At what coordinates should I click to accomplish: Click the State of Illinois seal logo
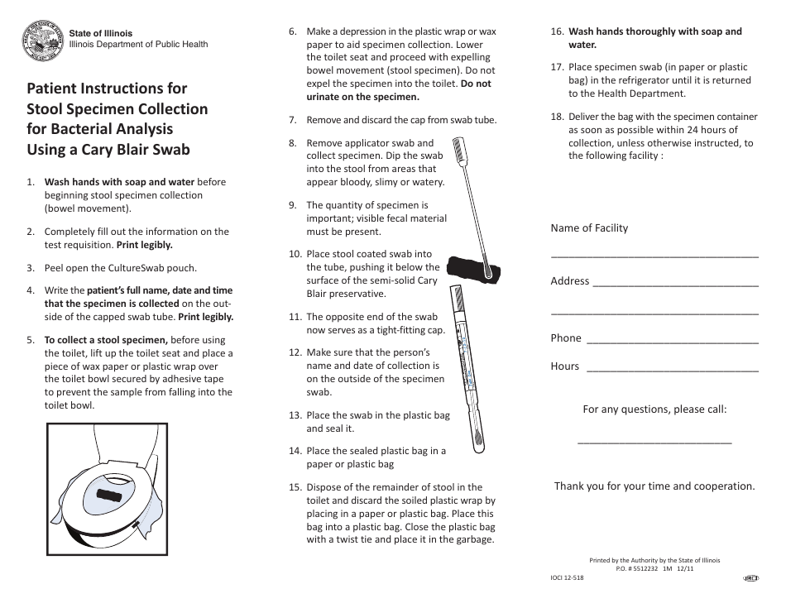(x=42, y=40)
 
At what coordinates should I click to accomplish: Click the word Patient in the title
(x=57, y=89)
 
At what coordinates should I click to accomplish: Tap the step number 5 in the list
(x=31, y=340)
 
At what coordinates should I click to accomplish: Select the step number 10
(x=295, y=254)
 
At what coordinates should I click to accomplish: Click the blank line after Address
(x=675, y=285)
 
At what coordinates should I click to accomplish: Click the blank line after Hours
(x=672, y=371)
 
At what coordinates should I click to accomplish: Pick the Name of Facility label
(x=589, y=228)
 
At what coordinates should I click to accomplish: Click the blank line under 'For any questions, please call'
(x=654, y=443)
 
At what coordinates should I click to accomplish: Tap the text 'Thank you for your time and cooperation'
(x=654, y=486)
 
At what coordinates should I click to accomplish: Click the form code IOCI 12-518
(x=567, y=577)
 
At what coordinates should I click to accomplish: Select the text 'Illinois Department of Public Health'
(x=138, y=45)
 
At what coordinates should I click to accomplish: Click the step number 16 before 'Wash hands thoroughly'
(x=557, y=32)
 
